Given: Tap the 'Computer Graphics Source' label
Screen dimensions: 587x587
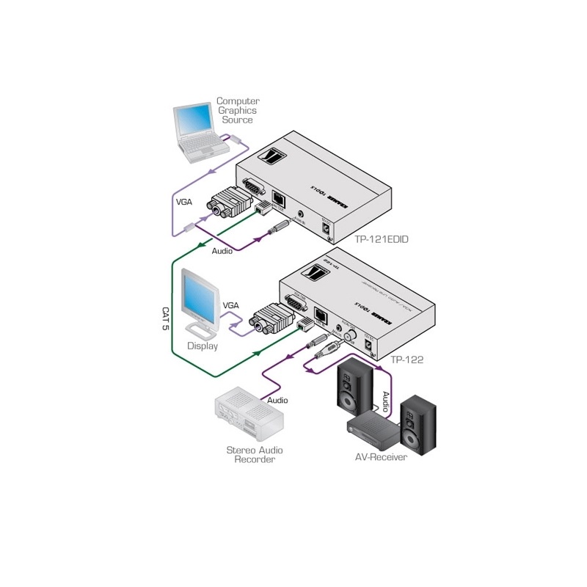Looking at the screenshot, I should pyautogui.click(x=237, y=110).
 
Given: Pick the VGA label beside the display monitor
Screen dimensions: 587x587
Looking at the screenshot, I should pyautogui.click(x=230, y=305).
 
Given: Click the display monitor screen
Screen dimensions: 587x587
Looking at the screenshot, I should pyautogui.click(x=199, y=296).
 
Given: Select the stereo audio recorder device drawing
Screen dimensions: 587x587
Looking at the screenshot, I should pyautogui.click(x=249, y=414).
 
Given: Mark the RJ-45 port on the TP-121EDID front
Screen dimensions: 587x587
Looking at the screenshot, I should pyautogui.click(x=280, y=198).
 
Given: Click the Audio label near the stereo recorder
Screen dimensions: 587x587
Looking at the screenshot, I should pyautogui.click(x=277, y=401).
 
